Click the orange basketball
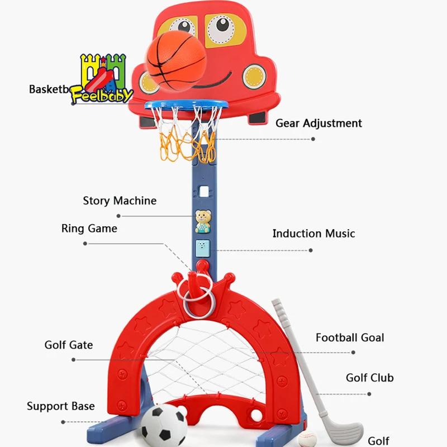(176, 59)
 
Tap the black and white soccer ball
(164, 426)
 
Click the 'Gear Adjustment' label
(318, 123)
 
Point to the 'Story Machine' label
(120, 201)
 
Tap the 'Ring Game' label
(89, 229)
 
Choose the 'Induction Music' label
(313, 234)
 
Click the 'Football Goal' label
(350, 337)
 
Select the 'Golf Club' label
(369, 378)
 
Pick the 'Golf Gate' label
(69, 345)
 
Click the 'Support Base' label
(61, 406)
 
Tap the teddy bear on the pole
(202, 221)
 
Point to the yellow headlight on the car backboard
(254, 75)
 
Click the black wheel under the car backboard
(257, 117)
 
